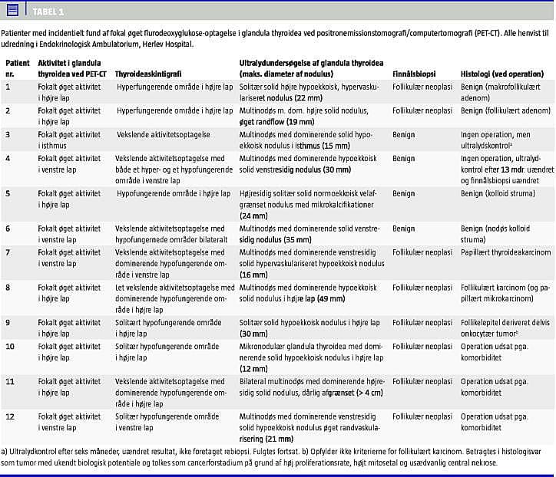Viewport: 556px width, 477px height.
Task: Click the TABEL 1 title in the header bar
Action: pyautogui.click(x=48, y=12)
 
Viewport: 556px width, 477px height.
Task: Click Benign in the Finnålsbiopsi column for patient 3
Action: pyautogui.click(x=404, y=134)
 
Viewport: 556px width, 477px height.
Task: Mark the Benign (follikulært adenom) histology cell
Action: pyautogui.click(x=504, y=111)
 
